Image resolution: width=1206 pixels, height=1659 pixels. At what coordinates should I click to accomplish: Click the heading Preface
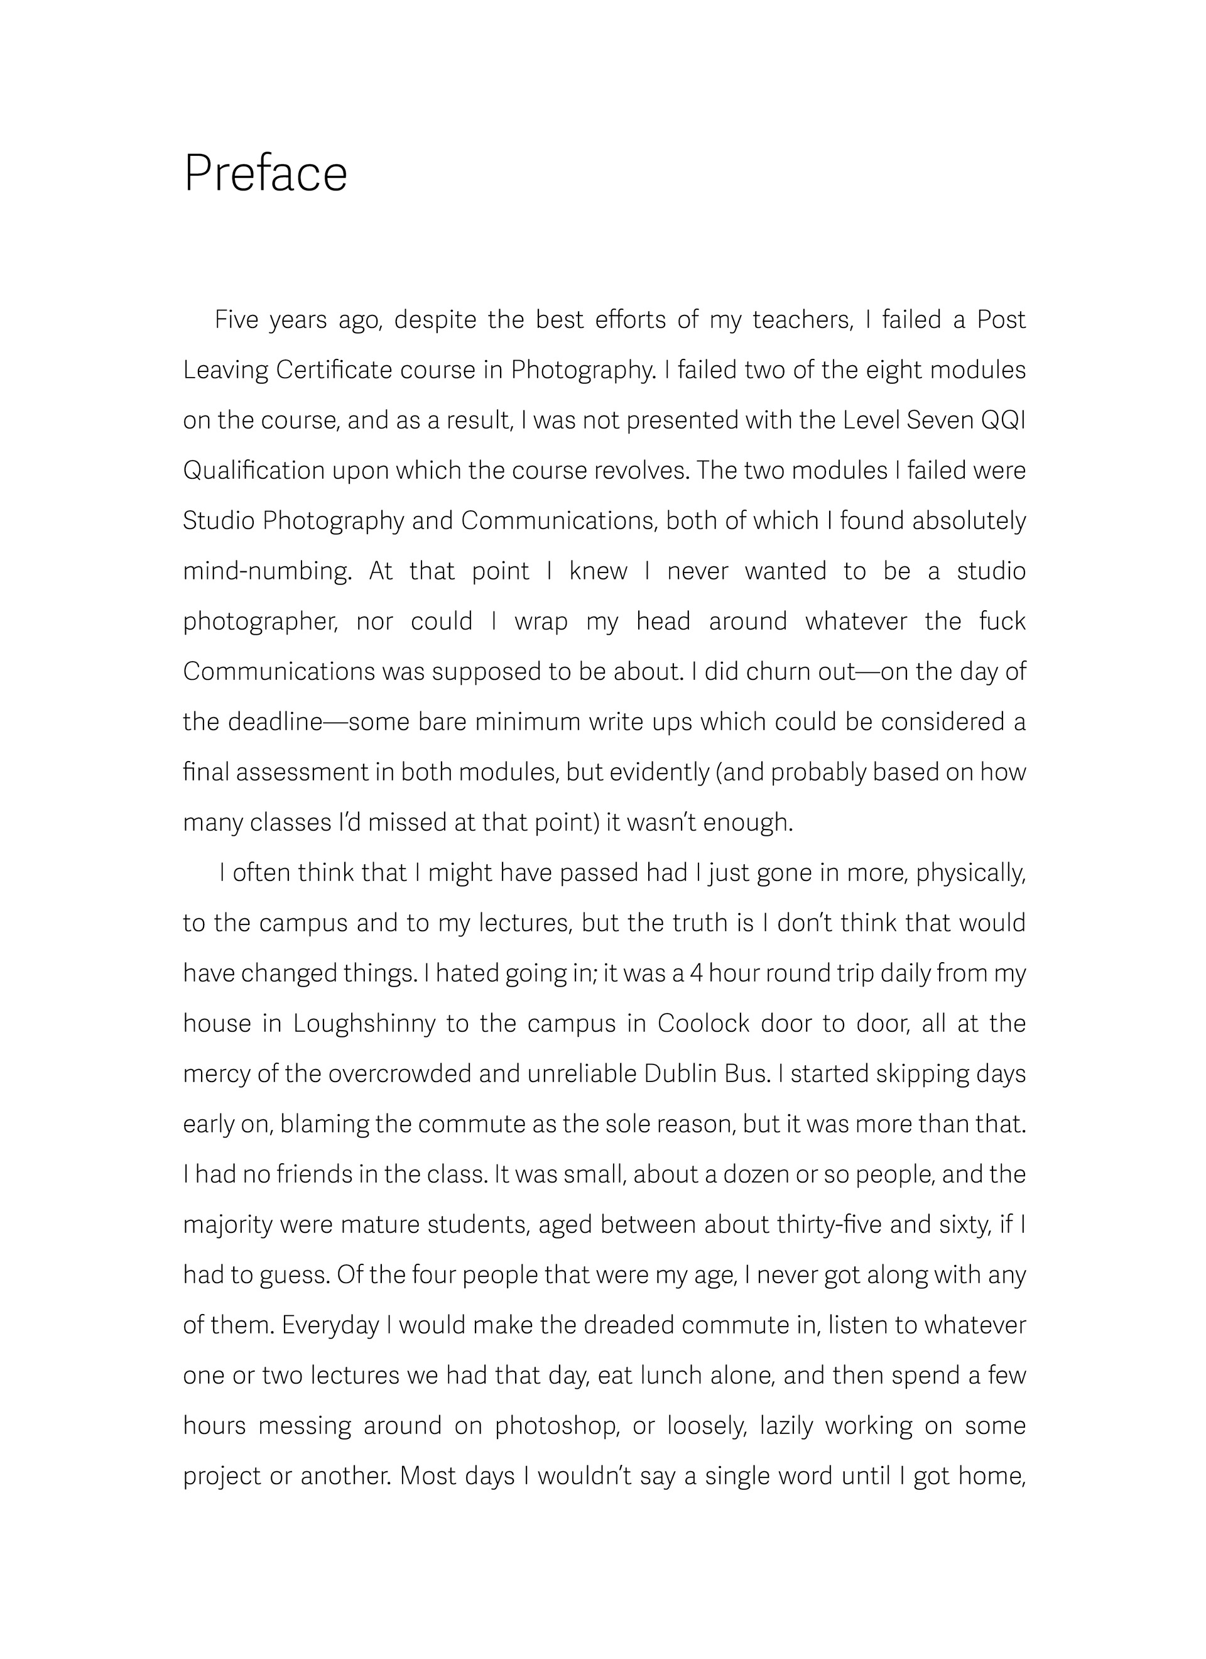[x=266, y=174]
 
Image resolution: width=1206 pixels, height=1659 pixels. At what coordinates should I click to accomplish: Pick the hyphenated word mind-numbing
[x=266, y=571]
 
